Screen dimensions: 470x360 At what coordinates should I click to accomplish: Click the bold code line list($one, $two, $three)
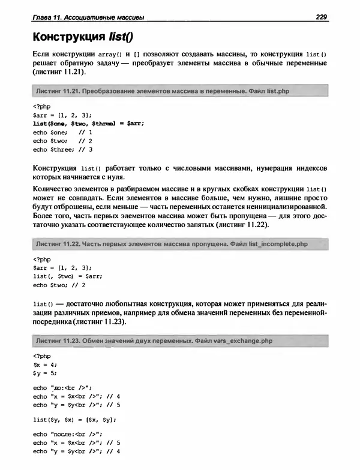coord(88,123)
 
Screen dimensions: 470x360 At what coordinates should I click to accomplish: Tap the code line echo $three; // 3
coord(63,149)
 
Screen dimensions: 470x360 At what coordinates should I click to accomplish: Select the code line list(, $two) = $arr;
coord(68,276)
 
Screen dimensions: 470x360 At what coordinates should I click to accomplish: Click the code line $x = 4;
coord(45,364)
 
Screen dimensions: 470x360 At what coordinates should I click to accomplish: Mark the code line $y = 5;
coord(45,373)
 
